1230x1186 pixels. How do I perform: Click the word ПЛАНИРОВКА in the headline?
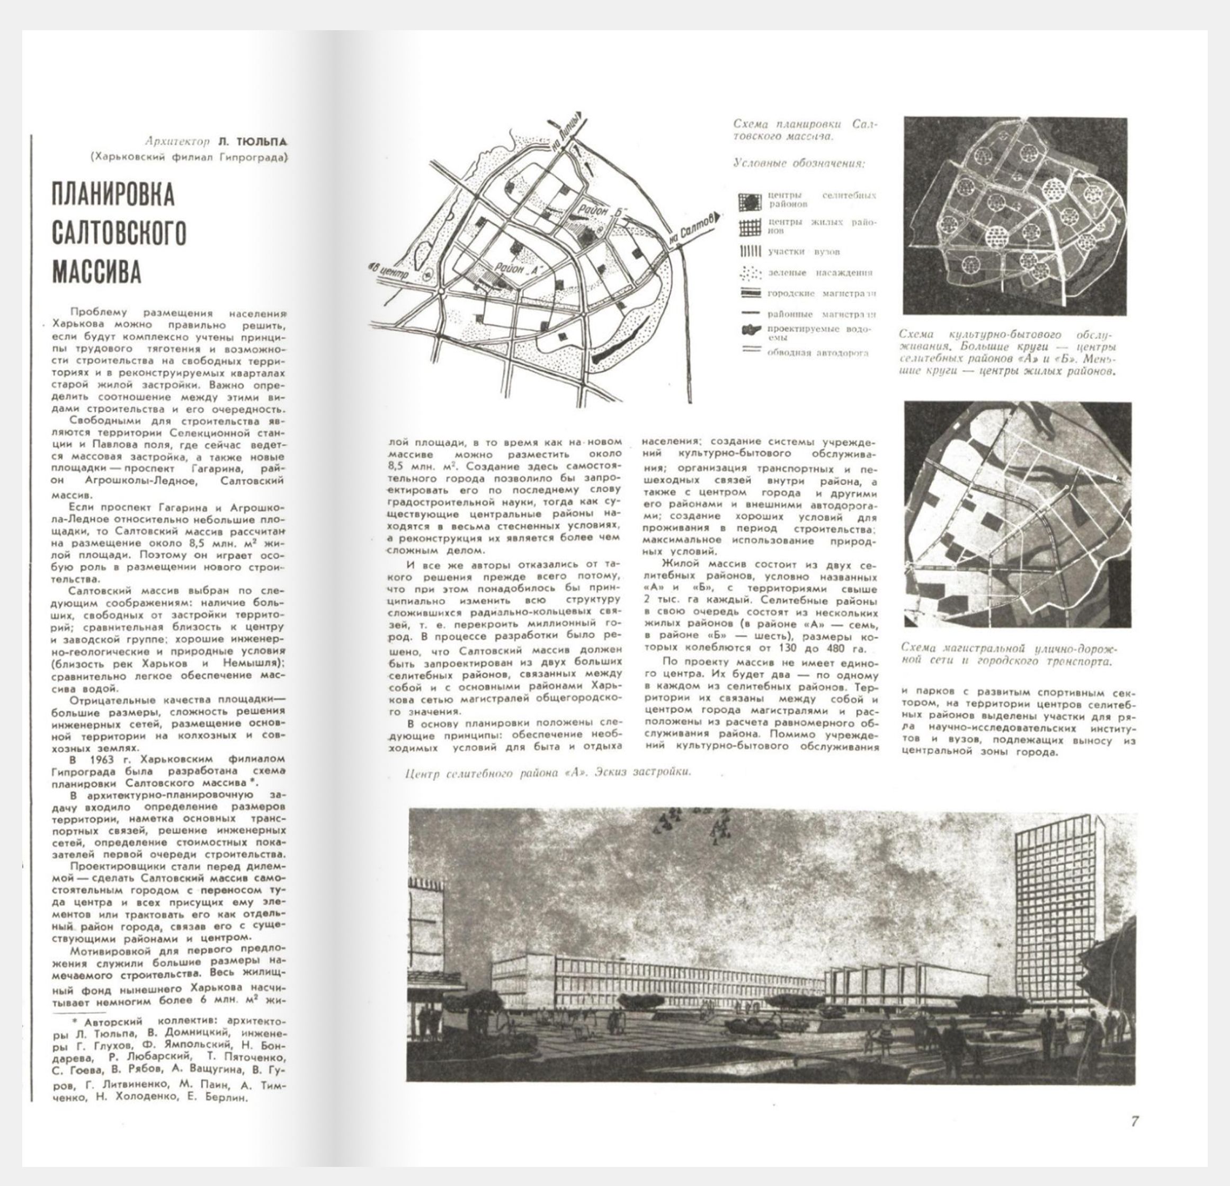(x=113, y=196)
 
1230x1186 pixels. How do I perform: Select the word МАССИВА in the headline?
(x=96, y=271)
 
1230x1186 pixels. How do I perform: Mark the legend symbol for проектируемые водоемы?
(x=751, y=330)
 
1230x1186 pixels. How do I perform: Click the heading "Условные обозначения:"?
(x=799, y=163)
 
